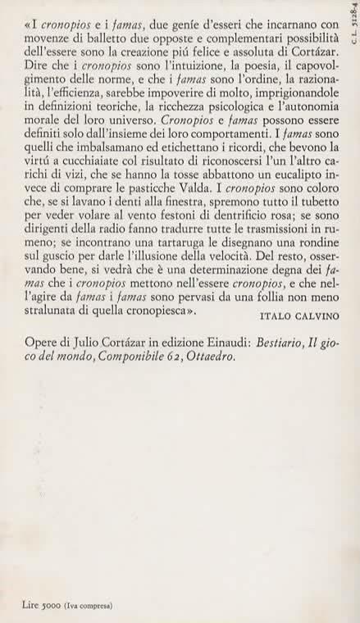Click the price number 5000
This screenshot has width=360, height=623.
48,605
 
